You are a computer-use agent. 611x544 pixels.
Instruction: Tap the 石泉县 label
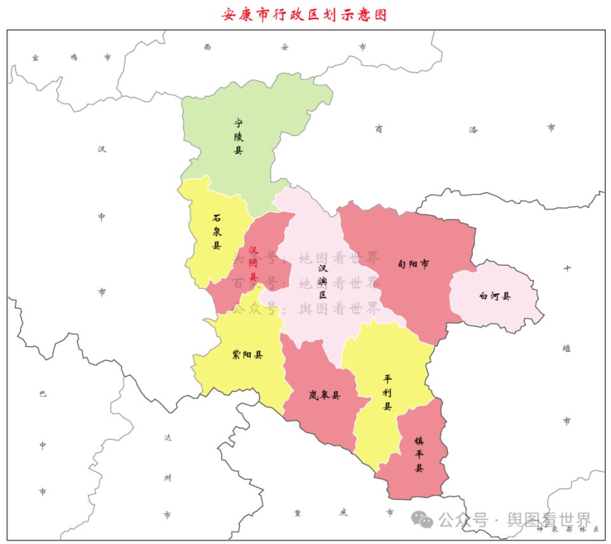(x=217, y=231)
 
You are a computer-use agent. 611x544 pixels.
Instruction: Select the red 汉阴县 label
(x=253, y=263)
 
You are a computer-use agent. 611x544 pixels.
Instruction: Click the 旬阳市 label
(x=412, y=263)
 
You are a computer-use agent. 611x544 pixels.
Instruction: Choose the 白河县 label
(x=495, y=296)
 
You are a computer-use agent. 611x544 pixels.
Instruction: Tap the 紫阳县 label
(x=248, y=355)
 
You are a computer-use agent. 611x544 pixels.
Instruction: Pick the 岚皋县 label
(x=325, y=395)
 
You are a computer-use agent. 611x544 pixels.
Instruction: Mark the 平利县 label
(x=388, y=393)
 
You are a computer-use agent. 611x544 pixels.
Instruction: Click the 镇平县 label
(x=419, y=454)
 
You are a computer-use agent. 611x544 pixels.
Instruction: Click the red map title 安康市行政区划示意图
(x=305, y=15)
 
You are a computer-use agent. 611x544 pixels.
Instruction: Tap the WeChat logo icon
(x=422, y=520)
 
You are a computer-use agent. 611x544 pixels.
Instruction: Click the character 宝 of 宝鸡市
(x=36, y=57)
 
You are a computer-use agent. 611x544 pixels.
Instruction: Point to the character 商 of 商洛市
(x=379, y=129)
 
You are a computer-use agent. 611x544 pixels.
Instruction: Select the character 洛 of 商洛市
(x=474, y=129)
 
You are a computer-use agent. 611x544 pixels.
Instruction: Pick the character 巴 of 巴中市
(x=43, y=394)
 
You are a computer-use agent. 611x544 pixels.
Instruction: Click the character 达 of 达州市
(x=167, y=438)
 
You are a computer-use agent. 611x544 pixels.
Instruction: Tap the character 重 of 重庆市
(x=297, y=512)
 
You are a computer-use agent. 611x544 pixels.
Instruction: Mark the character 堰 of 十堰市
(x=566, y=348)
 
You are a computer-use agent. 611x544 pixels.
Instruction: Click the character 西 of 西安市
(x=207, y=46)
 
